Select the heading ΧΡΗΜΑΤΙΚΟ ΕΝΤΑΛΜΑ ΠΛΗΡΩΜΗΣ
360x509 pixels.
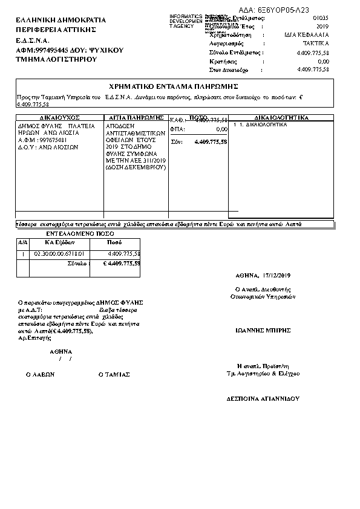tap(174, 86)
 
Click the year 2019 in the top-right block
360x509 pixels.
tap(322, 27)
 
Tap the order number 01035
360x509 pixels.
tap(320, 19)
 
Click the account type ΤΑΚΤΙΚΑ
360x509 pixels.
tap(316, 44)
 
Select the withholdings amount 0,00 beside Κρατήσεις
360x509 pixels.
tap(323, 62)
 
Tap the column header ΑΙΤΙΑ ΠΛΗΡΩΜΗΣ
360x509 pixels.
tap(136, 117)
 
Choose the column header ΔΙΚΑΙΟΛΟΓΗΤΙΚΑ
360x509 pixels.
tap(282, 117)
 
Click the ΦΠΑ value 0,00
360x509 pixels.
tap(221, 129)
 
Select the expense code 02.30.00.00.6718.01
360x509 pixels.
tap(59, 253)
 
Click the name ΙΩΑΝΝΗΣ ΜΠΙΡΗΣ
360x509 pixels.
tap(263, 331)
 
